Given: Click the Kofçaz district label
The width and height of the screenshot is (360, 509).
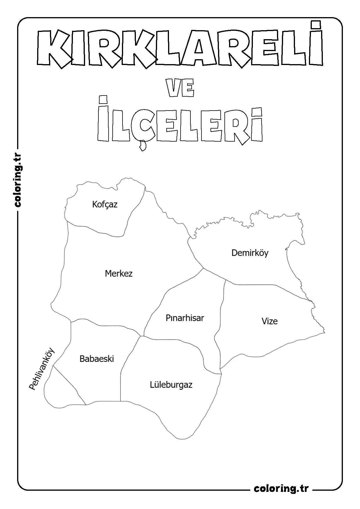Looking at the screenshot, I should tap(105, 204).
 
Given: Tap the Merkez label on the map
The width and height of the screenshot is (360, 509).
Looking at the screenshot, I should tap(119, 273).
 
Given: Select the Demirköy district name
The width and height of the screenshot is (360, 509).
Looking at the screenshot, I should tap(250, 253).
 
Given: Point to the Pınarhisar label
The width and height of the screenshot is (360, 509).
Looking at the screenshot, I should tap(185, 318).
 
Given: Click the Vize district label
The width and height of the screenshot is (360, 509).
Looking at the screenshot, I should tap(269, 321).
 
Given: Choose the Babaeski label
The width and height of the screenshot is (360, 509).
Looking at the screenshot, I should tap(97, 359).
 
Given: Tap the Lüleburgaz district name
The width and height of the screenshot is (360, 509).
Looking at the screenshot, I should tap(171, 385).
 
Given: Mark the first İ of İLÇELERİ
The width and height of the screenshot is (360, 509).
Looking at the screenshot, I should tap(104, 119).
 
